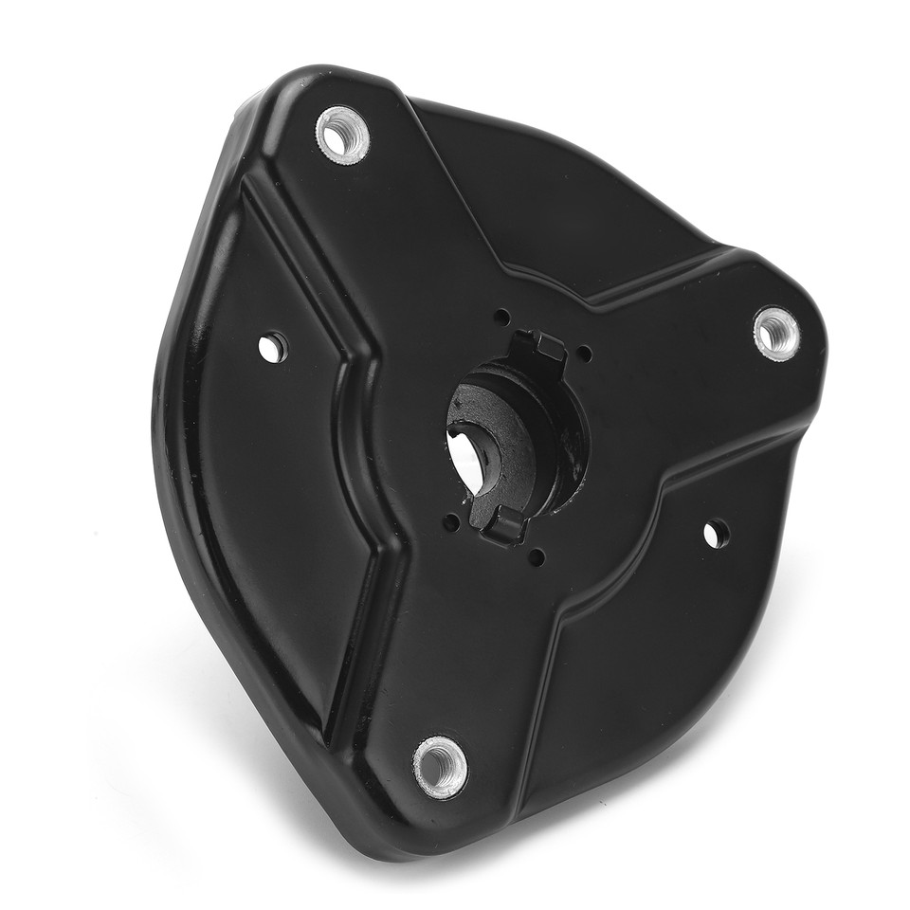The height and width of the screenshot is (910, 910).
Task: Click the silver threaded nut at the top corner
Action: click(342, 136)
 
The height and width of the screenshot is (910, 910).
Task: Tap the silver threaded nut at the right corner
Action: click(776, 333)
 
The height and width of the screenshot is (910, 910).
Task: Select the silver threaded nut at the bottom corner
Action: click(441, 766)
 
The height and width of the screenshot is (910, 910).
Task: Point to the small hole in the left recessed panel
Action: click(273, 347)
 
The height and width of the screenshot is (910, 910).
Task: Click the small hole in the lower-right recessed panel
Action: click(716, 534)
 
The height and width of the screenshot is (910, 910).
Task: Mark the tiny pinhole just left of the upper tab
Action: click(501, 316)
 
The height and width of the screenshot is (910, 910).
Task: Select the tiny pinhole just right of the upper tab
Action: click(585, 354)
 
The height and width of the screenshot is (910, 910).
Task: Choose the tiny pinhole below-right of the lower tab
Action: click(537, 557)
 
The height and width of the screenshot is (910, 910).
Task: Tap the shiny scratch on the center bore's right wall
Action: click(573, 446)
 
